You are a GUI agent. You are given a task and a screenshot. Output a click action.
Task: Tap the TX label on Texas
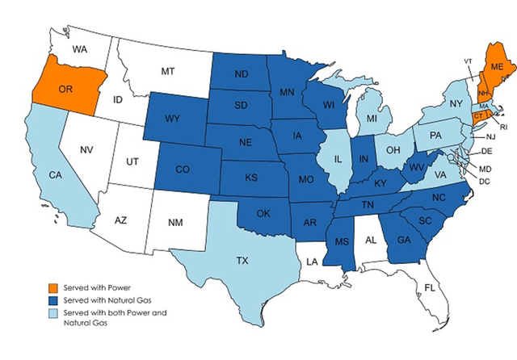(242, 261)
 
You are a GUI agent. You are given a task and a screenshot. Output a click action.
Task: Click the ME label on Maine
(498, 66)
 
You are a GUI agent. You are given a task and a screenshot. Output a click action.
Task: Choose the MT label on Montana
(168, 72)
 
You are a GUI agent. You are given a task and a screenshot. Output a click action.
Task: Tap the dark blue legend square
(52, 300)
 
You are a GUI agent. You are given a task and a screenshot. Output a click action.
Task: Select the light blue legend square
(52, 315)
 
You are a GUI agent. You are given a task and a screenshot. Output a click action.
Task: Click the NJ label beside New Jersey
(490, 137)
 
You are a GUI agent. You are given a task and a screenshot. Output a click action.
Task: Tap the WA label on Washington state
(80, 49)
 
